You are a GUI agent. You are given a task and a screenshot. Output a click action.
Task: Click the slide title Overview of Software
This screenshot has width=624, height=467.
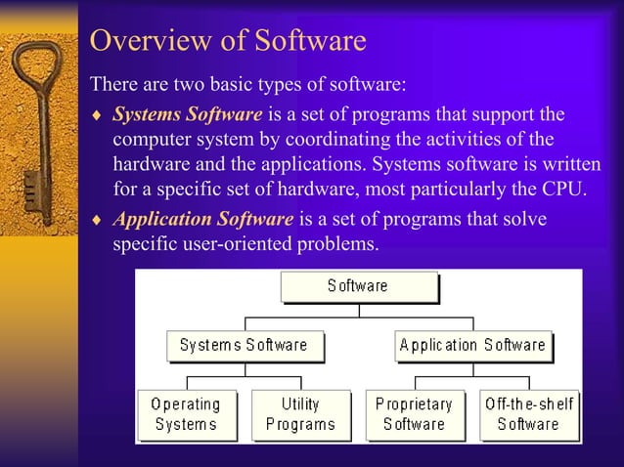pyautogui.click(x=227, y=41)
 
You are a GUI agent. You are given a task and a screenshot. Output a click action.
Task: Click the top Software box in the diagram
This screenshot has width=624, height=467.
pyautogui.click(x=358, y=286)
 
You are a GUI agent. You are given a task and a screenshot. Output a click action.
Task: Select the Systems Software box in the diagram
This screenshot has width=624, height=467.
pyautogui.click(x=244, y=345)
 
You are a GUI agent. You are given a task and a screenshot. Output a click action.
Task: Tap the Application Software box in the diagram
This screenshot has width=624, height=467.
pyautogui.click(x=472, y=345)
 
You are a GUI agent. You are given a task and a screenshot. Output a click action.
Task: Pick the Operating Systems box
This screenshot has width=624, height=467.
pyautogui.click(x=186, y=413)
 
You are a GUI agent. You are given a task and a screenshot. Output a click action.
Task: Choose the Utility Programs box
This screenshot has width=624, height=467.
pyautogui.click(x=300, y=413)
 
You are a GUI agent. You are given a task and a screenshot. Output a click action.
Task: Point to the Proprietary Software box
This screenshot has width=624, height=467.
pyautogui.click(x=414, y=413)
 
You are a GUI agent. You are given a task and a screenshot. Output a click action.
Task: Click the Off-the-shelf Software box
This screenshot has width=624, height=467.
pyautogui.click(x=529, y=413)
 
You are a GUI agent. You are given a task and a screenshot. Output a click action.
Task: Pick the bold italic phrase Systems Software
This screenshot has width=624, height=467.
pyautogui.click(x=187, y=114)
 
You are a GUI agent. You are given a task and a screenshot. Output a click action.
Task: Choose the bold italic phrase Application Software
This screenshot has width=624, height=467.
pyautogui.click(x=203, y=219)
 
